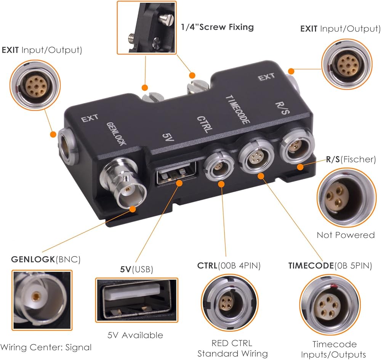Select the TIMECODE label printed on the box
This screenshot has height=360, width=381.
(238, 109)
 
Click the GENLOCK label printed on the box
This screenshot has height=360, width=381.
(116, 133)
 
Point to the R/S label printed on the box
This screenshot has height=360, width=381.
(282, 108)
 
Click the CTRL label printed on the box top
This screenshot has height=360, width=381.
(203, 124)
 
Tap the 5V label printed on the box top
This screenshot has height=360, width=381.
(167, 137)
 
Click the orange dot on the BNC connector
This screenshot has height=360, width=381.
(133, 209)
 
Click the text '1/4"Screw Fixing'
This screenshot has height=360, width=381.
(217, 27)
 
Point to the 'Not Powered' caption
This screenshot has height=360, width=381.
(346, 235)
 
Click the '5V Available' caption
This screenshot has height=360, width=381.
(135, 335)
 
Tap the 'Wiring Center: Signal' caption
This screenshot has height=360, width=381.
(46, 347)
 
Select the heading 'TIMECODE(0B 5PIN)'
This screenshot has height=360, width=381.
(330, 266)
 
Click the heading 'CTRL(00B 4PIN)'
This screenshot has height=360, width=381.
(229, 266)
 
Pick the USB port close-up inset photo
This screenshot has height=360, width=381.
(136, 300)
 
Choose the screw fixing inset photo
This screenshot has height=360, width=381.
(147, 27)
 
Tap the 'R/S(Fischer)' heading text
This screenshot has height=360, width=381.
(351, 159)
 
